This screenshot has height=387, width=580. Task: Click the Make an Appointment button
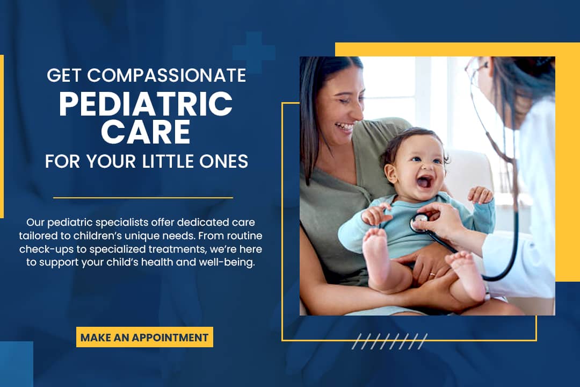click(x=144, y=337)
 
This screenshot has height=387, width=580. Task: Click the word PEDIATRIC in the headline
click(x=146, y=104)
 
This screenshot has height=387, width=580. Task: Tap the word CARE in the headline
click(x=146, y=132)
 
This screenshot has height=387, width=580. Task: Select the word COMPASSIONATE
click(x=166, y=75)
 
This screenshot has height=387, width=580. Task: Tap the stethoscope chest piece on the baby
click(x=419, y=223)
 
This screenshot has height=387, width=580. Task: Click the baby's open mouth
click(x=424, y=182)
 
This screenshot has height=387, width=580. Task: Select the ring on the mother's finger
click(x=432, y=275)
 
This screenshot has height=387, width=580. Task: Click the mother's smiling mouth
click(x=344, y=127)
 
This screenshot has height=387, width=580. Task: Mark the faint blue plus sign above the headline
click(x=253, y=52)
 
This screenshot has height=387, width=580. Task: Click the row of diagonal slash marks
click(x=389, y=341)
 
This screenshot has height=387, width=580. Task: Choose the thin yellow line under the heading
click(x=143, y=198)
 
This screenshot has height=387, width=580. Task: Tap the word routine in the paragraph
click(x=244, y=236)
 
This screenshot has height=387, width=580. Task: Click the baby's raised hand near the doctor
click(x=480, y=195)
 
